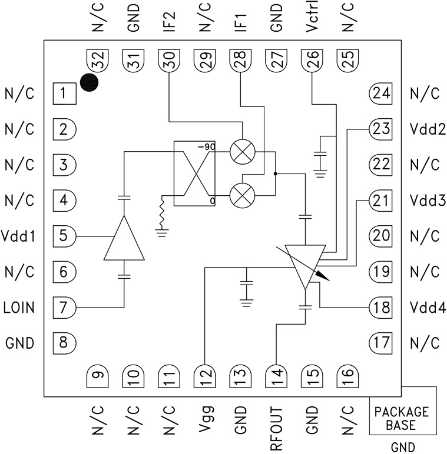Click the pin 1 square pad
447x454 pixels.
pyautogui.click(x=64, y=93)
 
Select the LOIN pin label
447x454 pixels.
pyautogui.click(x=19, y=307)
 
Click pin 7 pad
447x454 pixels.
pyautogui.click(x=64, y=307)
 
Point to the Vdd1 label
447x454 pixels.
pyautogui.click(x=19, y=236)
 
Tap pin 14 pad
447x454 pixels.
pyautogui.click(x=276, y=375)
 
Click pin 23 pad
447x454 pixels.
pyautogui.click(x=381, y=129)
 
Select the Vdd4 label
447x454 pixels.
pyautogui.click(x=424, y=308)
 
